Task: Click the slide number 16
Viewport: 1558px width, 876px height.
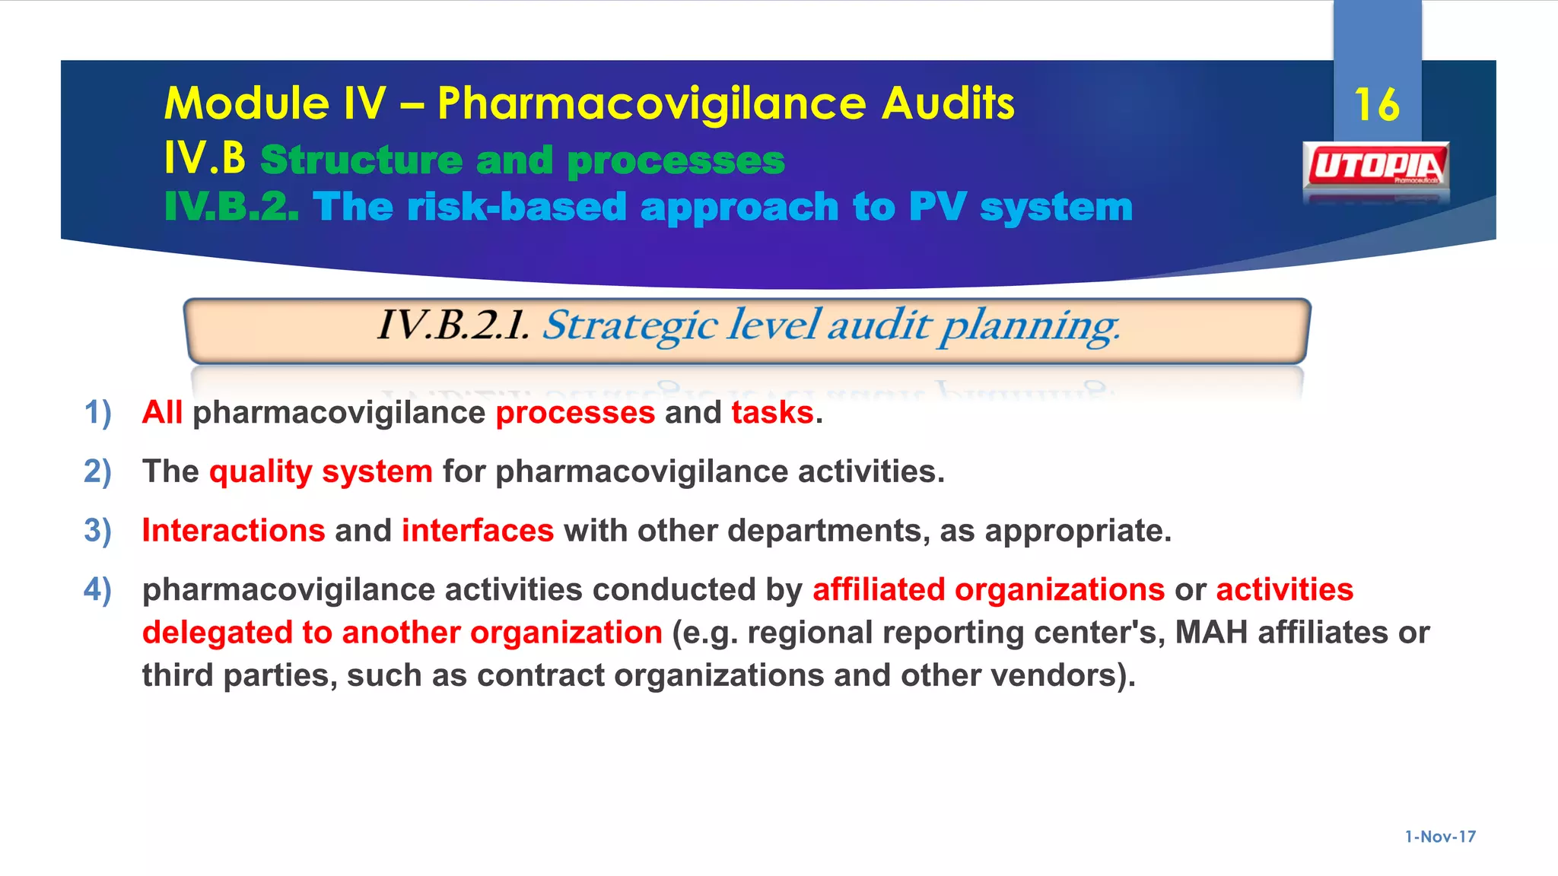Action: pyautogui.click(x=1377, y=104)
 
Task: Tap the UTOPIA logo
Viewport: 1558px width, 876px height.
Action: pyautogui.click(x=1376, y=166)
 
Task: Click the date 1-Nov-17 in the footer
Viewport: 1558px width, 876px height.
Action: pyautogui.click(x=1440, y=836)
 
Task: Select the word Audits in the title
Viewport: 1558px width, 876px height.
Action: pyautogui.click(x=948, y=103)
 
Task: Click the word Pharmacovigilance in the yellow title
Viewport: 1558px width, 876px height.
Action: pyautogui.click(x=651, y=103)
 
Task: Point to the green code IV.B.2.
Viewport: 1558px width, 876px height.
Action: pyautogui.click(x=231, y=207)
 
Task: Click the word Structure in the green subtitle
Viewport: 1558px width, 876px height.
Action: pyautogui.click(x=361, y=160)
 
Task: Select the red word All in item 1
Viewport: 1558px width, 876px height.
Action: pyautogui.click(x=162, y=413)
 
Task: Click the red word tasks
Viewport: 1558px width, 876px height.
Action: pyautogui.click(x=772, y=413)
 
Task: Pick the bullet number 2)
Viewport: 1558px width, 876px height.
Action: pyautogui.click(x=97, y=471)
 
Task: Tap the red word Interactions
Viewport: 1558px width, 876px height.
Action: pyautogui.click(x=234, y=531)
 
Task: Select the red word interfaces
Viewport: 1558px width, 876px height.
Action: pyautogui.click(x=478, y=531)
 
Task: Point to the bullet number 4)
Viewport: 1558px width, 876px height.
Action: pyautogui.click(x=97, y=589)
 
